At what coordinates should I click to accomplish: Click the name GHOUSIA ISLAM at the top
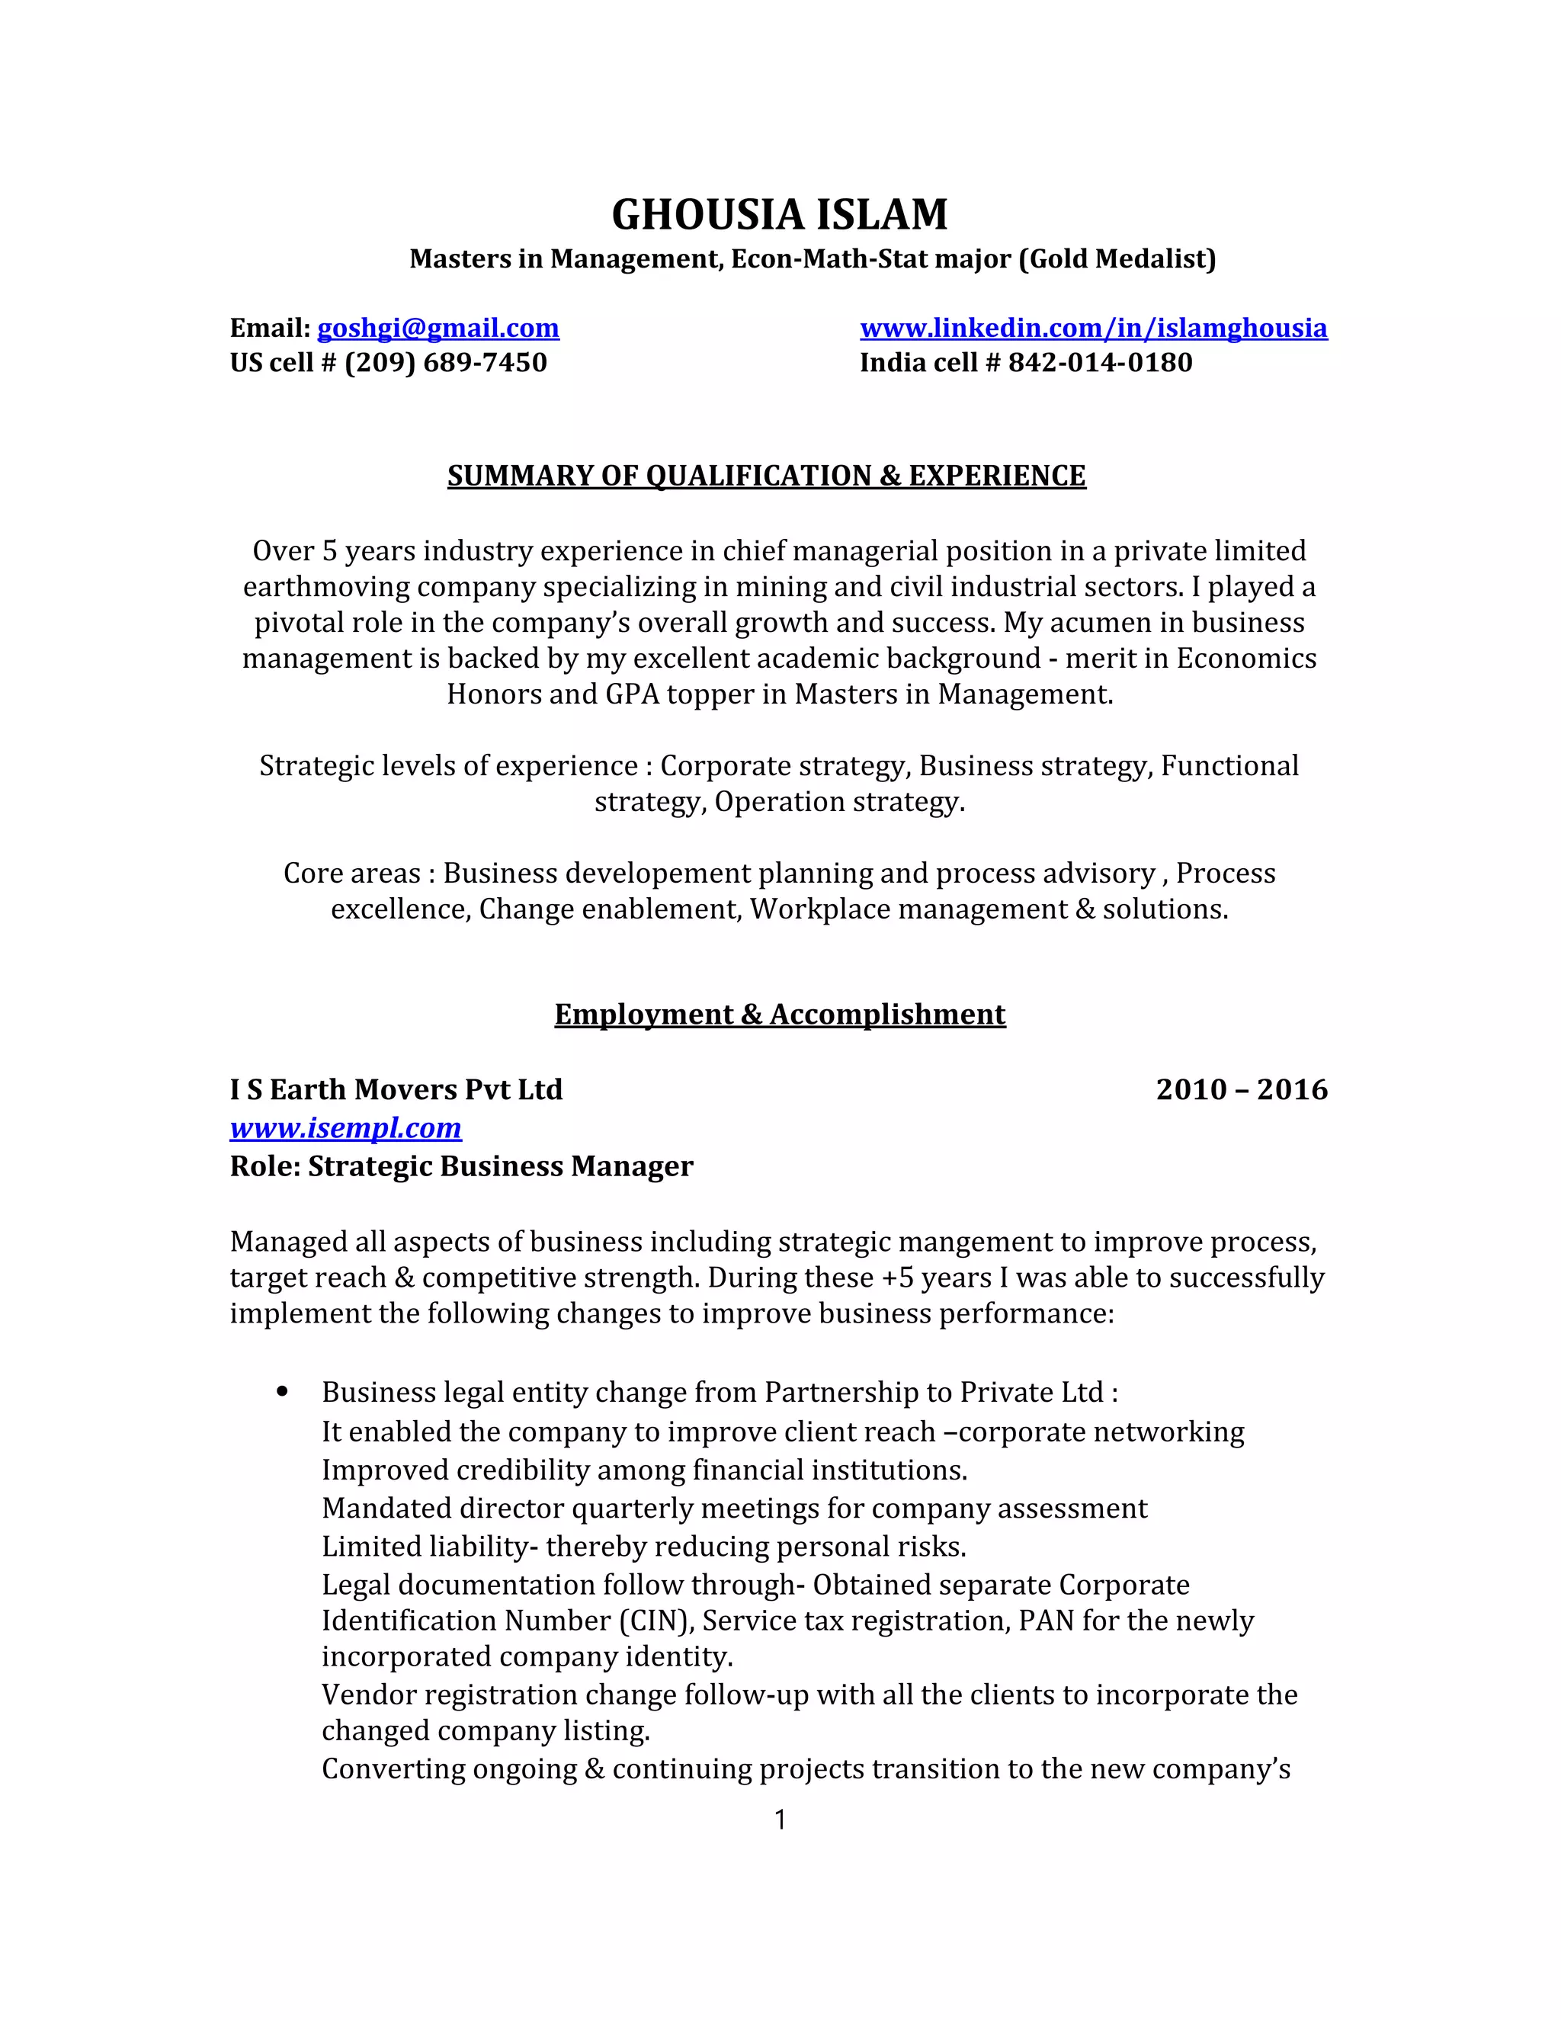[780, 215]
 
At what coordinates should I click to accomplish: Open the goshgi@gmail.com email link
[438, 329]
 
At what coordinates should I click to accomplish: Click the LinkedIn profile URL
[1093, 329]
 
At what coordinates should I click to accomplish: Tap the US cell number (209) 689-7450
[446, 363]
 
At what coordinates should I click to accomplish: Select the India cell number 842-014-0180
[1100, 363]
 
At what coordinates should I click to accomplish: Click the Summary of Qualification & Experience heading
[766, 476]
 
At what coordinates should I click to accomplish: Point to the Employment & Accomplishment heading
[780, 1015]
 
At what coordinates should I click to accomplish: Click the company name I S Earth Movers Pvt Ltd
[396, 1089]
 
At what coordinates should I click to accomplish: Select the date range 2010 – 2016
[1241, 1089]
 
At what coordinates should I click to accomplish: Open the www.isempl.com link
[345, 1128]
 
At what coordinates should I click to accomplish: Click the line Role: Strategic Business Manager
[460, 1166]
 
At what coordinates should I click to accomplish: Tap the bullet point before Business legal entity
[282, 1393]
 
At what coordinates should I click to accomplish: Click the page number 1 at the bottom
[780, 1820]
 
